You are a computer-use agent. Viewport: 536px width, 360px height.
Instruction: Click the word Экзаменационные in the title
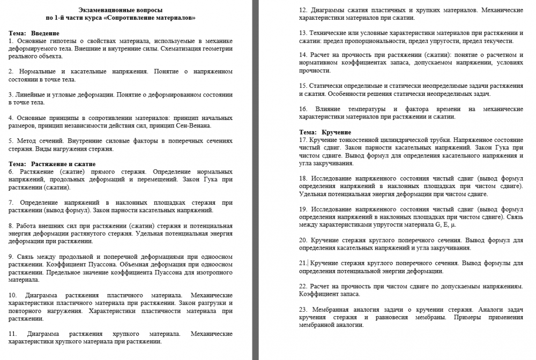tap(103, 10)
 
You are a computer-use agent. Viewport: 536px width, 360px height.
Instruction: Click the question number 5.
tap(11, 141)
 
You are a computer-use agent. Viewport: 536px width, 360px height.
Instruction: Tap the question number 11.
tap(13, 333)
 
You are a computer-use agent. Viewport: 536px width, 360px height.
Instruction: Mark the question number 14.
tap(303, 55)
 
